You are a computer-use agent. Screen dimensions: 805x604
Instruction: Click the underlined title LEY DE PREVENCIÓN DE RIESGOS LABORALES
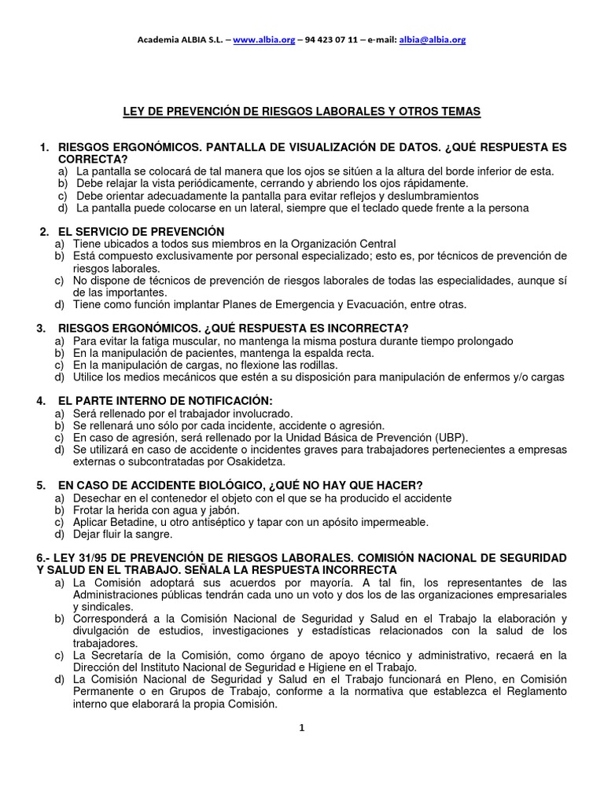pyautogui.click(x=302, y=112)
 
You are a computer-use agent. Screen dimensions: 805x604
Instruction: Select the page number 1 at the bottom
pyautogui.click(x=301, y=728)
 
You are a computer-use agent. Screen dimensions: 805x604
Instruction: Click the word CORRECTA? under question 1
pyautogui.click(x=90, y=159)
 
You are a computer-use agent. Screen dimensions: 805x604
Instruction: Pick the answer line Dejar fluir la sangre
pyautogui.click(x=123, y=535)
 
